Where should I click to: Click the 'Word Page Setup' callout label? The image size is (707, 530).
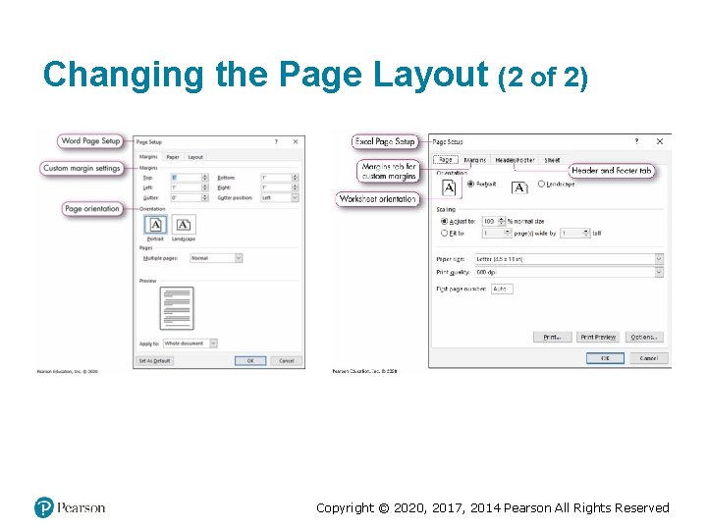click(x=90, y=141)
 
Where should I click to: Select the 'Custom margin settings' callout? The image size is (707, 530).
click(x=82, y=168)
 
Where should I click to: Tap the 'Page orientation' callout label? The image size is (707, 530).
click(x=92, y=209)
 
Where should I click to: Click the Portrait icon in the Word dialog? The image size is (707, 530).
click(x=155, y=226)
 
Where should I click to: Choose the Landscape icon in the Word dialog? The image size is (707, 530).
click(x=184, y=226)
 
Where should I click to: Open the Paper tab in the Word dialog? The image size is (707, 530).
click(x=172, y=157)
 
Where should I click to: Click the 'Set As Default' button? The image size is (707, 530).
click(x=154, y=361)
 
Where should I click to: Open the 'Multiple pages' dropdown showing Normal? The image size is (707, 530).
click(x=215, y=258)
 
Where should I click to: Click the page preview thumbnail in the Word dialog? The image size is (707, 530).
click(x=177, y=308)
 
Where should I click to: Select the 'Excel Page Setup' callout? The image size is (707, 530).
click(x=385, y=142)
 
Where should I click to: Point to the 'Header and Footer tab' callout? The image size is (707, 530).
click(x=611, y=171)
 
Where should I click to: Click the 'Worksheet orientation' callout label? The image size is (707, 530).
click(x=378, y=199)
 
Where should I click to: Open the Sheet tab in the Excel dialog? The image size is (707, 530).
click(x=553, y=160)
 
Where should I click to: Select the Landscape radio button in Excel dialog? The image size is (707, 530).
click(x=541, y=184)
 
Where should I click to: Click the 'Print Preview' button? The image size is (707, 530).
click(x=597, y=337)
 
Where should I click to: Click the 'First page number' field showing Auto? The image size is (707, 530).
click(x=502, y=289)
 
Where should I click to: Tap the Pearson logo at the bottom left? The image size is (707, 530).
click(x=69, y=507)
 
